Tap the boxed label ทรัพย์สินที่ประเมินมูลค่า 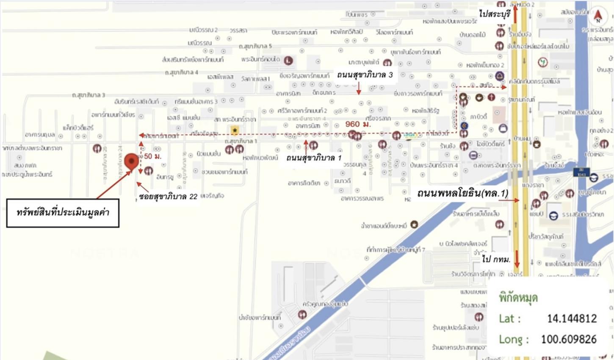[x=63, y=213]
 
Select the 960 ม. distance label [x=358, y=124]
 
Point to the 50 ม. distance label [x=153, y=156]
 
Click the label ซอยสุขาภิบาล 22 [x=168, y=197]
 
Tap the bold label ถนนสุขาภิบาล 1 [x=314, y=158]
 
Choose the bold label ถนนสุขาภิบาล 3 [x=365, y=75]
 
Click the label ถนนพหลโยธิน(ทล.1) [x=462, y=193]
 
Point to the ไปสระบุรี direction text [x=495, y=14]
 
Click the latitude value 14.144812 [x=572, y=318]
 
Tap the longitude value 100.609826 [x=569, y=339]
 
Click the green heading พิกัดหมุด [x=518, y=298]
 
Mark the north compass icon [x=598, y=16]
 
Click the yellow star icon [x=235, y=130]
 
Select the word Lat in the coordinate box [x=506, y=318]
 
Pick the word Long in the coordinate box [x=511, y=339]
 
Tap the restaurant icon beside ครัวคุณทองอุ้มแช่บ [x=302, y=314]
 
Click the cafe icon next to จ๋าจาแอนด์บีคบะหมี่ [x=414, y=224]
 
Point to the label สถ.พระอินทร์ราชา [x=235, y=119]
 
